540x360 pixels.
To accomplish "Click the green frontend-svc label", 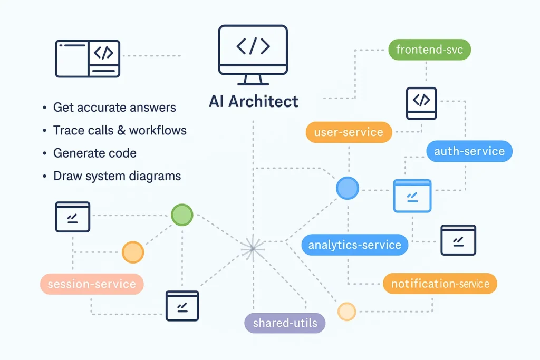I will [x=429, y=50].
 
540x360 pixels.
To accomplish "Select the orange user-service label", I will [x=349, y=132].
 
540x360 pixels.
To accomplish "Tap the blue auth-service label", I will [x=469, y=151].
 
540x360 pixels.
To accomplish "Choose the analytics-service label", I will [x=354, y=245].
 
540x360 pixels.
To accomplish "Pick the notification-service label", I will [x=440, y=284].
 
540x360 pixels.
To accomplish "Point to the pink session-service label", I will [x=92, y=284].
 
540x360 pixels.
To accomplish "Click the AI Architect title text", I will [x=253, y=101].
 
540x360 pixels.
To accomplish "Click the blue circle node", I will [x=347, y=188].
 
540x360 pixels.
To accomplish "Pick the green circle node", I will [x=182, y=215].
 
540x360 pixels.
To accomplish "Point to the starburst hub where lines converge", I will [x=253, y=247].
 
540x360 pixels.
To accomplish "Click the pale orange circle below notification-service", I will [x=346, y=312].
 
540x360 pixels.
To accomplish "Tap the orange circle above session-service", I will [x=132, y=252].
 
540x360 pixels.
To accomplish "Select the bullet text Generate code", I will [x=95, y=153].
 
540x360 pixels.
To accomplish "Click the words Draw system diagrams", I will [x=117, y=176].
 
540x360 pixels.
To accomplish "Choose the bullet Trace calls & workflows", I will [x=120, y=130].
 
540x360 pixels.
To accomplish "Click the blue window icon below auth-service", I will [x=412, y=196].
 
